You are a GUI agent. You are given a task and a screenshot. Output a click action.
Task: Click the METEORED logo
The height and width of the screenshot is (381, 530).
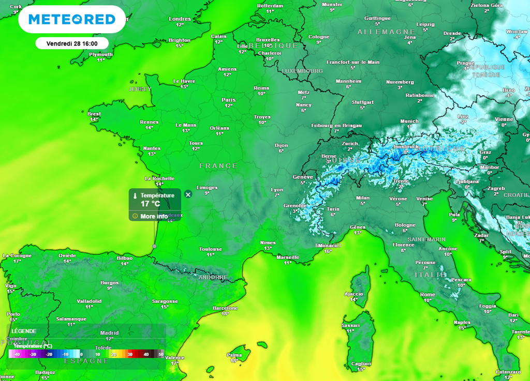pyautogui.click(x=72, y=20)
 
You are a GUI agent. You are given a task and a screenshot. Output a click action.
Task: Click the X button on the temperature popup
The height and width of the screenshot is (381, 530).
pyautogui.click(x=188, y=194)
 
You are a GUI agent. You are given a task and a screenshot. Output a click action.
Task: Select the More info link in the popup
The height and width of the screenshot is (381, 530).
pyautogui.click(x=154, y=216)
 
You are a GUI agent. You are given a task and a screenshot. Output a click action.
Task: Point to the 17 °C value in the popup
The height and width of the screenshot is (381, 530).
pyautogui.click(x=151, y=204)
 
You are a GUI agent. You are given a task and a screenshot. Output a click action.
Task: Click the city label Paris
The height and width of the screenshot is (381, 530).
pyautogui.click(x=228, y=100)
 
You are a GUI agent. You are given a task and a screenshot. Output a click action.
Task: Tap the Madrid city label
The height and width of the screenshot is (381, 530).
pyautogui.click(x=109, y=333)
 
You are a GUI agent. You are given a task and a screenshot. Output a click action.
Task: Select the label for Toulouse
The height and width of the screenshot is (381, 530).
pyautogui.click(x=210, y=249)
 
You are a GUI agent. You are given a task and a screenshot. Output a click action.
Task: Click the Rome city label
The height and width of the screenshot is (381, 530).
pyautogui.click(x=428, y=294)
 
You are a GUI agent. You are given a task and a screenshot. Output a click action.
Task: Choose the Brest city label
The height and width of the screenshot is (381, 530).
pyautogui.click(x=94, y=114)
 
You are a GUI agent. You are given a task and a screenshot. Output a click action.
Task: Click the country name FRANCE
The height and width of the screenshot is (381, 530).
pyautogui.click(x=218, y=166)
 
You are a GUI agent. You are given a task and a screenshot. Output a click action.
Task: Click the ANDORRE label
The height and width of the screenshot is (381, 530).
pyautogui.click(x=213, y=278)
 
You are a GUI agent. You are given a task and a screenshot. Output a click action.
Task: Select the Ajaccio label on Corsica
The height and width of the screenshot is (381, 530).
pyautogui.click(x=354, y=293)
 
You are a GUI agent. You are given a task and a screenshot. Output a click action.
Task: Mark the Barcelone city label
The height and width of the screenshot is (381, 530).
pyautogui.click(x=225, y=308)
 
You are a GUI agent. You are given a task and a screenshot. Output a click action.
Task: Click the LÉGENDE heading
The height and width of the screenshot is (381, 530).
pyautogui.click(x=24, y=331)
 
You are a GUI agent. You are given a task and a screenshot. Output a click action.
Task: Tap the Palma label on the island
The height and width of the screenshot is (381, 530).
pyautogui.click(x=234, y=355)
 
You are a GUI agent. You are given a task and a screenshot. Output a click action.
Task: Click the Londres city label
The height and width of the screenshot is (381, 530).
pyautogui.click(x=180, y=19)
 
